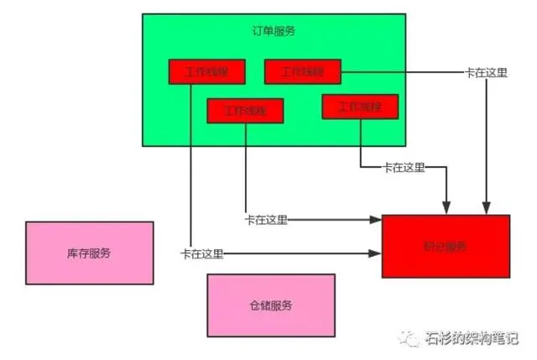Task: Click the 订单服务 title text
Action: (274, 31)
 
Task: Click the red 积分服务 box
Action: (446, 246)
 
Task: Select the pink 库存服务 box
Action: (89, 253)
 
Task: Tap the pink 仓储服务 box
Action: (270, 305)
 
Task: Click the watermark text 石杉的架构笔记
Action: (473, 339)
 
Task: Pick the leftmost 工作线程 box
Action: (206, 71)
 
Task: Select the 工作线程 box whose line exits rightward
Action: (302, 71)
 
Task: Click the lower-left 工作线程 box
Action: (245, 111)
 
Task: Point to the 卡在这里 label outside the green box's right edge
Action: (486, 72)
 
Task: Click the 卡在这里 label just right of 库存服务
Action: (201, 253)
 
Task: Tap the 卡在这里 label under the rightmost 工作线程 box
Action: (404, 167)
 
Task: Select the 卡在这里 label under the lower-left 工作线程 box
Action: (266, 220)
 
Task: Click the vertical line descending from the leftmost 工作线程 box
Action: (190, 168)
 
